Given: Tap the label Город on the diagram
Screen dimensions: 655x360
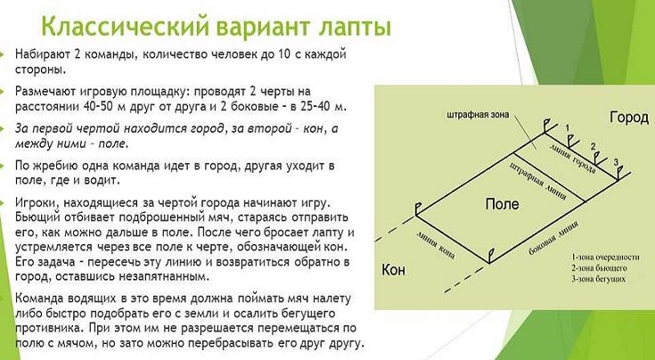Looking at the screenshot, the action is click(629, 119).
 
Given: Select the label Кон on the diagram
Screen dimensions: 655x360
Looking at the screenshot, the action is click(394, 270).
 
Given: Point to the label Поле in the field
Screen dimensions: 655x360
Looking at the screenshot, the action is click(502, 204).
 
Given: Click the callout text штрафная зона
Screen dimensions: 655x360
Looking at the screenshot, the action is click(478, 114).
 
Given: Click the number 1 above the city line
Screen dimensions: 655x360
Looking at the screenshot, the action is click(567, 127).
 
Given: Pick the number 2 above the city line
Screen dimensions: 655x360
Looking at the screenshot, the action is click(593, 146).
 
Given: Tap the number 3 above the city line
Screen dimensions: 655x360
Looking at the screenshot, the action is click(616, 161).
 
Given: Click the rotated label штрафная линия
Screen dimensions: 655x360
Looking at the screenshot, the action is click(539, 181).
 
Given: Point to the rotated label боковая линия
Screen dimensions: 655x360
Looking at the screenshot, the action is click(553, 239).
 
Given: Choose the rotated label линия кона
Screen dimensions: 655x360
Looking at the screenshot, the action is click(436, 244).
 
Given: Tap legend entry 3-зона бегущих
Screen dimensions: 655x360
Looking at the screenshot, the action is click(598, 279).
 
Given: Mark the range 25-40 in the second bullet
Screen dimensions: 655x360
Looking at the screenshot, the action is click(312, 106).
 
